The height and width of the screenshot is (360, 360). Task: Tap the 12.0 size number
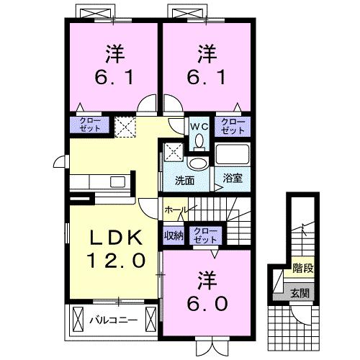112,259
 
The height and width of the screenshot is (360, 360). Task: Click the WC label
198,126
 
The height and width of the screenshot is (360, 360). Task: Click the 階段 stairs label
302,271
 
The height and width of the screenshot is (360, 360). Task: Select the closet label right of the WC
233,126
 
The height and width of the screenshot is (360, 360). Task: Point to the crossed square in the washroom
173,152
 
